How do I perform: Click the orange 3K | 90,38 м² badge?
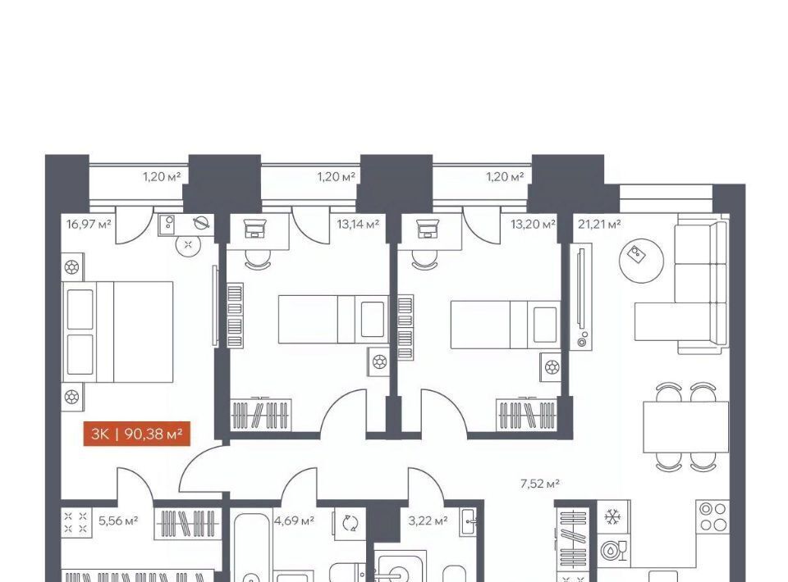[137, 434]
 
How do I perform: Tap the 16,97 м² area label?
[89, 223]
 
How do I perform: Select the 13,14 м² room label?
[358, 224]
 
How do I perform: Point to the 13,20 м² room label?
[533, 224]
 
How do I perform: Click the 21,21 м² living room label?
[599, 224]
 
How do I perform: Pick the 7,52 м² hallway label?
[540, 484]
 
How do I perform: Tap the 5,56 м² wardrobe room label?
[118, 521]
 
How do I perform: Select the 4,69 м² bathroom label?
[294, 521]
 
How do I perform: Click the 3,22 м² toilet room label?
[428, 521]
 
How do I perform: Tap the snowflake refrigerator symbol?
[612, 516]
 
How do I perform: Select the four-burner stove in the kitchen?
[713, 516]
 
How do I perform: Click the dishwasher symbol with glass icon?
[614, 550]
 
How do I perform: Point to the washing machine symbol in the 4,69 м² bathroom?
[350, 523]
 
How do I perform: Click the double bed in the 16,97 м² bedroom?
[117, 332]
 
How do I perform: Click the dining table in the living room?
[686, 426]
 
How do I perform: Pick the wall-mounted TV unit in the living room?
[582, 296]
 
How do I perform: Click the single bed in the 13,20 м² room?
[506, 325]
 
